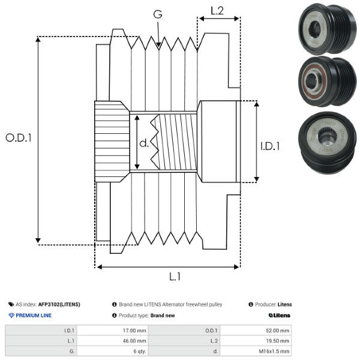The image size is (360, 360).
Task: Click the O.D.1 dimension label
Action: click(19, 138)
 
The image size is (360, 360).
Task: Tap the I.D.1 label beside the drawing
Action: click(270, 146)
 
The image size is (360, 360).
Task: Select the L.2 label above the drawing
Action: click(217, 11)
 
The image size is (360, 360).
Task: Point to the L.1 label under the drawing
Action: click(175, 277)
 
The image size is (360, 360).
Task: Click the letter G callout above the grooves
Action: click(158, 14)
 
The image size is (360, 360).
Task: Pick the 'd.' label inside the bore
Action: click(144, 143)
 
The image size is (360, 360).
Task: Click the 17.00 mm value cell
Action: click(134, 331)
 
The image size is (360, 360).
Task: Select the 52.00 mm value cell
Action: click(277, 331)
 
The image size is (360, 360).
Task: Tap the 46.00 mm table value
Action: click(134, 341)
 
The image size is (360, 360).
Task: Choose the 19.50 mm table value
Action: click(277, 341)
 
